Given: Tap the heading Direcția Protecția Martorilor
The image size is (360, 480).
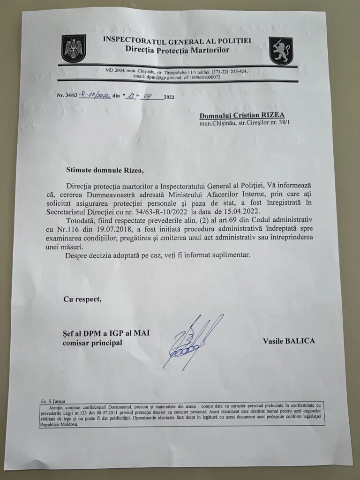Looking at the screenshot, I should (177, 49).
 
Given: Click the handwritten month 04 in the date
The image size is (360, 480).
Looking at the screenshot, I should (150, 97).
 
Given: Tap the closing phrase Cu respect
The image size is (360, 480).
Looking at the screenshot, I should (82, 299).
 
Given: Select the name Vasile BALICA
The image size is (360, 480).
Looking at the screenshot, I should (289, 341).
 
